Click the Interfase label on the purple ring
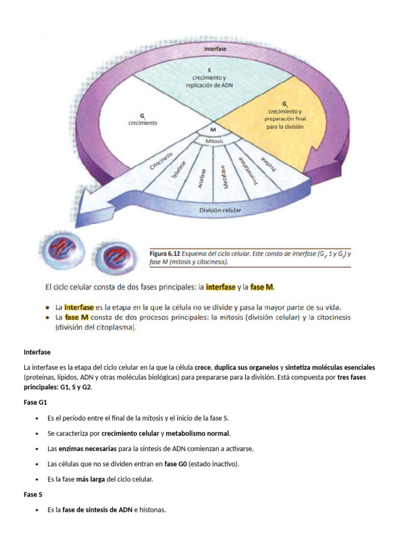(215, 49)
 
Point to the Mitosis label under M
(214, 141)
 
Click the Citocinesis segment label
(161, 158)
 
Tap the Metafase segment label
(225, 177)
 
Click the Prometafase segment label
(247, 170)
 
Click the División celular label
(220, 210)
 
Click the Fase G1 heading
(35, 402)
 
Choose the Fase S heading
(33, 495)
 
